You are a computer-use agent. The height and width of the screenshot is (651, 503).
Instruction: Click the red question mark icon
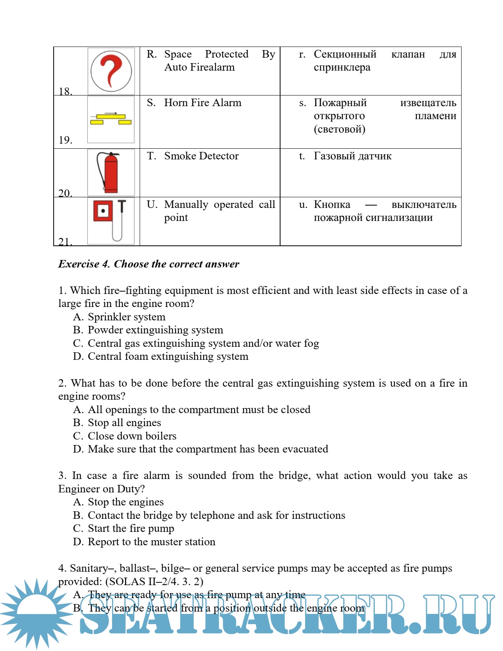point(111,71)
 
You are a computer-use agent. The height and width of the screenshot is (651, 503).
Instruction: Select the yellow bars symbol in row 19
point(111,119)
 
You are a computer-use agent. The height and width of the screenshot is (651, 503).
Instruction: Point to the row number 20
point(65,193)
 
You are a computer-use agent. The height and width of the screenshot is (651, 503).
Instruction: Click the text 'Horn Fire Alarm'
point(202,103)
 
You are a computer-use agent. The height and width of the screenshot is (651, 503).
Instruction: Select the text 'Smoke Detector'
point(201,156)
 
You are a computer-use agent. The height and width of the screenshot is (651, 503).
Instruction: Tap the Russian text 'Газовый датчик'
point(352,156)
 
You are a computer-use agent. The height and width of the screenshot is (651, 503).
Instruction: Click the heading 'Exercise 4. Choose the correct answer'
point(149,264)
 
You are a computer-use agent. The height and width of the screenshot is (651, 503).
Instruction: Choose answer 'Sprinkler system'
point(126,317)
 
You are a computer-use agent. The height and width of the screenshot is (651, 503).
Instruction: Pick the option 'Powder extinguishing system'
point(155,330)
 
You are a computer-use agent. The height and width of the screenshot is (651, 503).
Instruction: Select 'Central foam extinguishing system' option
point(168,356)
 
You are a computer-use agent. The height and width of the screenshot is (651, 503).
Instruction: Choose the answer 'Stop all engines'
point(124,423)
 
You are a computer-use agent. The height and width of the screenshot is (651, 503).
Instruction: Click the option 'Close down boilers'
point(132,436)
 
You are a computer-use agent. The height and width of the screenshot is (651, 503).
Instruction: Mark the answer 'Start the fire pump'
point(131,528)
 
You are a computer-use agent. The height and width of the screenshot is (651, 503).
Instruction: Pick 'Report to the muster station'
point(151,542)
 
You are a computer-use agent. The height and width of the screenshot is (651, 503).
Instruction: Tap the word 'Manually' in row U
point(186,204)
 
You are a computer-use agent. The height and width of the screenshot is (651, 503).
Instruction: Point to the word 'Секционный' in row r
point(345,54)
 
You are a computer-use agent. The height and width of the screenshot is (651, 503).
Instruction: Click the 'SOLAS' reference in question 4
point(127,582)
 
